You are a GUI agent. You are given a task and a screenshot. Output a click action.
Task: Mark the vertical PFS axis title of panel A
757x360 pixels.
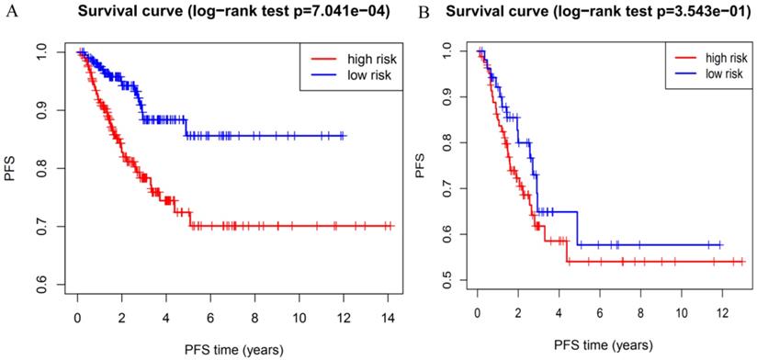(10, 169)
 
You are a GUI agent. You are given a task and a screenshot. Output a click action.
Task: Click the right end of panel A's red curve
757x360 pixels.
(392, 226)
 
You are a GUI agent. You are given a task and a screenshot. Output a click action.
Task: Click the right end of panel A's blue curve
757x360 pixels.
(345, 136)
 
